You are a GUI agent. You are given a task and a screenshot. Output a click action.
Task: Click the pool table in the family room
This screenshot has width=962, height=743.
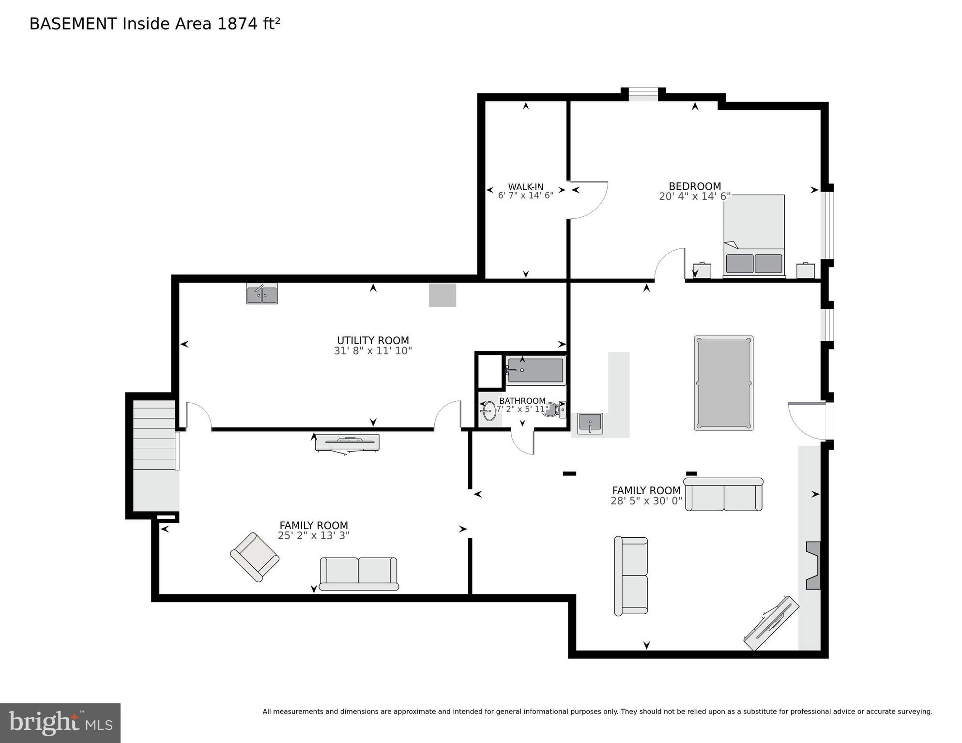[723, 383]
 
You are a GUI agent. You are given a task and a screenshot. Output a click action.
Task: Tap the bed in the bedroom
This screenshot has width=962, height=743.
[754, 236]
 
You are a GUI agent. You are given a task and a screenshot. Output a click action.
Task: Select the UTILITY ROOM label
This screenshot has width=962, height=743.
[373, 340]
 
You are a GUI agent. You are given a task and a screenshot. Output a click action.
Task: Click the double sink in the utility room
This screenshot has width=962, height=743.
[262, 294]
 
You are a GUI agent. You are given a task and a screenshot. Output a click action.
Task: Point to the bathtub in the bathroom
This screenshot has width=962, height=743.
[535, 370]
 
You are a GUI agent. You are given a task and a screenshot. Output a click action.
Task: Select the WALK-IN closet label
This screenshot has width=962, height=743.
[525, 187]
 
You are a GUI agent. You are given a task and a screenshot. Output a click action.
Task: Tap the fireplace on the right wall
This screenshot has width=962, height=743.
[813, 565]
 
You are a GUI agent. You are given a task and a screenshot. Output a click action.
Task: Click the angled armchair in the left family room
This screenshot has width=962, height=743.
[255, 557]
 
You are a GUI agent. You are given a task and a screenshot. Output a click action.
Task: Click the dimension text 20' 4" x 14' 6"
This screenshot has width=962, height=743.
[694, 197]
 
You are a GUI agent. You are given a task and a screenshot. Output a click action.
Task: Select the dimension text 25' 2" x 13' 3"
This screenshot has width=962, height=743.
[314, 536]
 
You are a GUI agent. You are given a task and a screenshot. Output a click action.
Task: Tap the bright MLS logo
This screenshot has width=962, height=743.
[60, 723]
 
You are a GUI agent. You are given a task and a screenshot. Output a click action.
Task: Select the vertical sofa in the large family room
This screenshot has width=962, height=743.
[631, 576]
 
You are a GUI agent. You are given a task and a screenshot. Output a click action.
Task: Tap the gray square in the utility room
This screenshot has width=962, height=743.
[443, 295]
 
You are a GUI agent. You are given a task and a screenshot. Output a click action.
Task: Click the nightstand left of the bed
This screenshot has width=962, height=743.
[702, 271]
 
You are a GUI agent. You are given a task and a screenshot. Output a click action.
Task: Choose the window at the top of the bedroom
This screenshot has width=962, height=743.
[643, 95]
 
